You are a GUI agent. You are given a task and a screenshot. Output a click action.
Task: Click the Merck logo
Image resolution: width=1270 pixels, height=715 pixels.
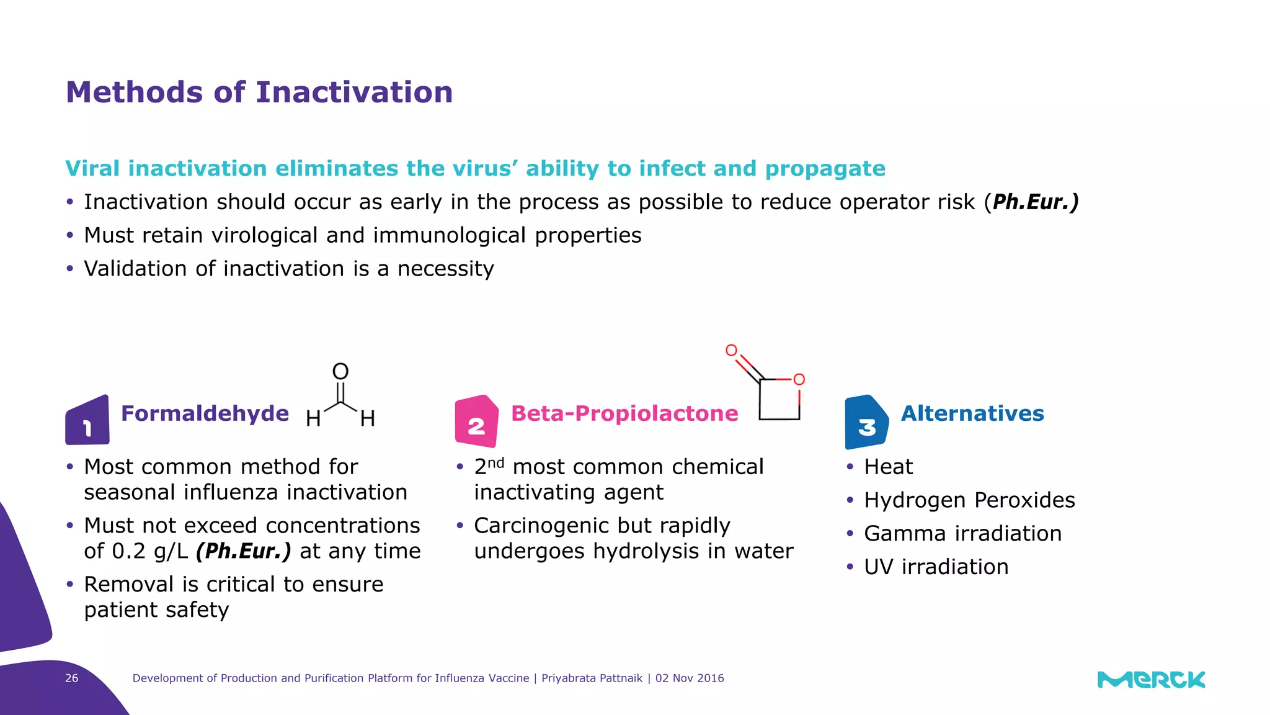(x=1151, y=680)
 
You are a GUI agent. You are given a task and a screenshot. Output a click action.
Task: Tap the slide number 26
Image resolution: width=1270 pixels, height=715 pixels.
(x=72, y=678)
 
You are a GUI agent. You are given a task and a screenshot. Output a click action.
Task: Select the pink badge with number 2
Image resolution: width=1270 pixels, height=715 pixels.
(x=476, y=422)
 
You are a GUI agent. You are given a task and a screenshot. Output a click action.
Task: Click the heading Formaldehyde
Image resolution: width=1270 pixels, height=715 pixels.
(x=205, y=413)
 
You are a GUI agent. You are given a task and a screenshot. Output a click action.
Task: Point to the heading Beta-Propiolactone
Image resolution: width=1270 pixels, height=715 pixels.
(x=624, y=413)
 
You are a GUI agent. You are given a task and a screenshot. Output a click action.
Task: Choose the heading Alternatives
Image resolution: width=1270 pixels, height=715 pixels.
(x=972, y=413)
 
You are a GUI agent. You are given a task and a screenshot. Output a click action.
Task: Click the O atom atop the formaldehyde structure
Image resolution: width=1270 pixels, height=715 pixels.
(x=340, y=372)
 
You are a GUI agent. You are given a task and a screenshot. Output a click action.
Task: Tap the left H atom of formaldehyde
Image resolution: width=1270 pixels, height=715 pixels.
(x=313, y=419)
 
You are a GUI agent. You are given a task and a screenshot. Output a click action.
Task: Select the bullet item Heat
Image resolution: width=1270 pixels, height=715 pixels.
(x=888, y=467)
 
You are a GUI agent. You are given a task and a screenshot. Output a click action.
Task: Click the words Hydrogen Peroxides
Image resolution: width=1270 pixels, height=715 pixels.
(x=969, y=500)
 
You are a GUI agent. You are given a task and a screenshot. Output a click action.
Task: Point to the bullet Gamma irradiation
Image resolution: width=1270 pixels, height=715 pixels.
(x=962, y=534)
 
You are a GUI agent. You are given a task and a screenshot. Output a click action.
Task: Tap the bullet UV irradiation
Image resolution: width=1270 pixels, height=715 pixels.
(x=936, y=567)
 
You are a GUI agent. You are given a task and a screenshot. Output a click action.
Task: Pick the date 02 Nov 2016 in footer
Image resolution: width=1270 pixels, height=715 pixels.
(x=690, y=678)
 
